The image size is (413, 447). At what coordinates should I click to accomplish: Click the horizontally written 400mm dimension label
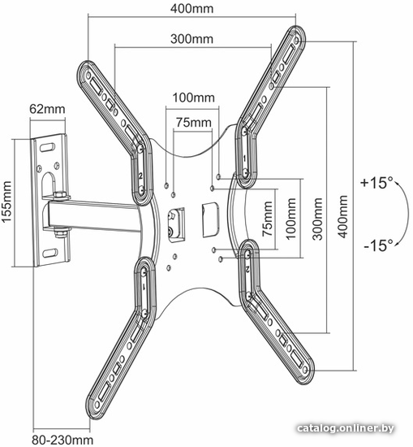tap(191, 9)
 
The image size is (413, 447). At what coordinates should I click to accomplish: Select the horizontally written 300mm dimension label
tap(191, 39)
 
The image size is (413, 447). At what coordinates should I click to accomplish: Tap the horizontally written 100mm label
tap(194, 98)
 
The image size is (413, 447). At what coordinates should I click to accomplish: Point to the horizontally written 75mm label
tap(194, 123)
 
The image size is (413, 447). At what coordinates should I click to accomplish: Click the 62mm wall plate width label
tap(47, 109)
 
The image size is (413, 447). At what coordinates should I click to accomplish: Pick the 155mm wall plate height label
tap(6, 202)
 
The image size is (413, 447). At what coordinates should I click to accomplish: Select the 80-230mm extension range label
tap(62, 440)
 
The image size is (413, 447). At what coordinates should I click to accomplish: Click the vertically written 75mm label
tap(267, 219)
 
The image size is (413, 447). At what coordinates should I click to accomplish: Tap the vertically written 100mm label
tap(290, 219)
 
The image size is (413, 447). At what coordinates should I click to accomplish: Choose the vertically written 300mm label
tap(317, 219)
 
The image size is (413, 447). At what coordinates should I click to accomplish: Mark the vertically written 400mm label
tap(342, 217)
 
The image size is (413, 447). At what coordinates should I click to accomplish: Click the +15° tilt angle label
tap(376, 183)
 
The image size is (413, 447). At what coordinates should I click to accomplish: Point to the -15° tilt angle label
tap(378, 245)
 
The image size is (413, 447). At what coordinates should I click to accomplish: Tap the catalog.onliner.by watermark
tap(346, 428)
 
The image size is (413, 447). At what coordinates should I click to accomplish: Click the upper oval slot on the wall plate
tap(47, 148)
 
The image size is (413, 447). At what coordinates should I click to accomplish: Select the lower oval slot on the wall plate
tap(50, 253)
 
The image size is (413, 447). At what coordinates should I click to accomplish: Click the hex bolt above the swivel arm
tap(60, 195)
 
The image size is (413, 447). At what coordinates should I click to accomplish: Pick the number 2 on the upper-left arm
tap(140, 176)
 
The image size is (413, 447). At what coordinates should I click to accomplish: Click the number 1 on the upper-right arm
tap(244, 158)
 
